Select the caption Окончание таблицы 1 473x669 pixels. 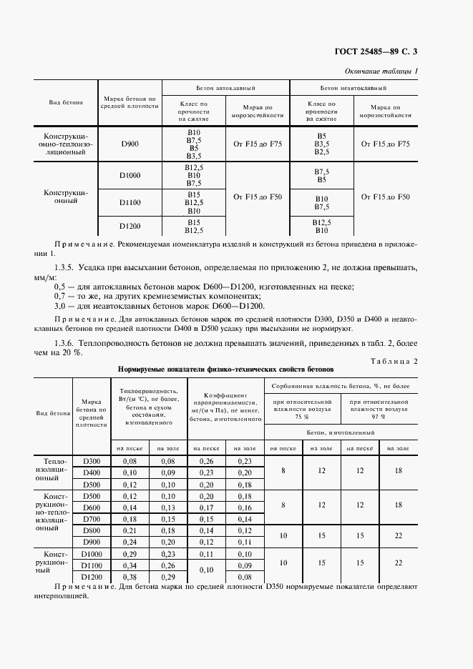coord(381,71)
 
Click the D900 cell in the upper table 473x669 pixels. coord(130,144)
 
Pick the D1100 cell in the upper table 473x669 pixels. coord(130,203)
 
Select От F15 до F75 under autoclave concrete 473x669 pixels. coord(258,144)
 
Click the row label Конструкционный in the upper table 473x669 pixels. coord(66,197)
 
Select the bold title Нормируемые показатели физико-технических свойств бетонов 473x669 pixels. coord(226,370)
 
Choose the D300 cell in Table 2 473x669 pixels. coord(91,462)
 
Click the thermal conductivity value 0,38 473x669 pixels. coord(129,576)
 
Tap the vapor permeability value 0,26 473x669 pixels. coord(206,462)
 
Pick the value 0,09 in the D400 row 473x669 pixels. coord(167,472)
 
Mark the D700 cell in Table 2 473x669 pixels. coord(91,519)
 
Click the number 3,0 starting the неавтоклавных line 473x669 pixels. coord(60,305)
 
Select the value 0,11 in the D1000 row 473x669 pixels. coord(206,554)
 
